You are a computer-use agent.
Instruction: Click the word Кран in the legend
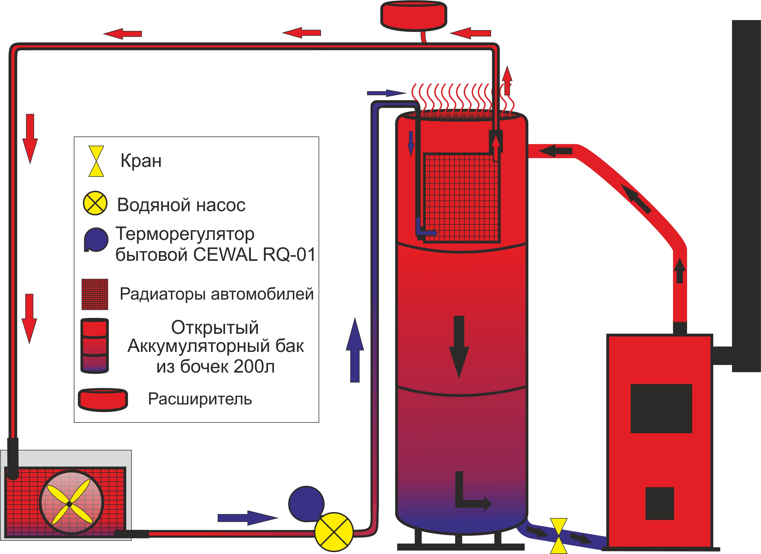pyautogui.click(x=141, y=161)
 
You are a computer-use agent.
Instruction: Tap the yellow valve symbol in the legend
pyautogui.click(x=96, y=161)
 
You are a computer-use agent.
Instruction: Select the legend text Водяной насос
pyautogui.click(x=181, y=205)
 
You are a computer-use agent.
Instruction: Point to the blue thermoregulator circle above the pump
pyautogui.click(x=306, y=504)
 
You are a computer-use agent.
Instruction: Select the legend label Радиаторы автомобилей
pyautogui.click(x=217, y=294)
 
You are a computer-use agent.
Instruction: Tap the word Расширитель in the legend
pyautogui.click(x=200, y=399)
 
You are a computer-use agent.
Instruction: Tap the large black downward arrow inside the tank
pyautogui.click(x=459, y=346)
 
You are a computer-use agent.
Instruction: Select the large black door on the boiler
pyautogui.click(x=661, y=408)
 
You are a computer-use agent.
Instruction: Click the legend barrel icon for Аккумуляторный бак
pyautogui.click(x=95, y=346)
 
